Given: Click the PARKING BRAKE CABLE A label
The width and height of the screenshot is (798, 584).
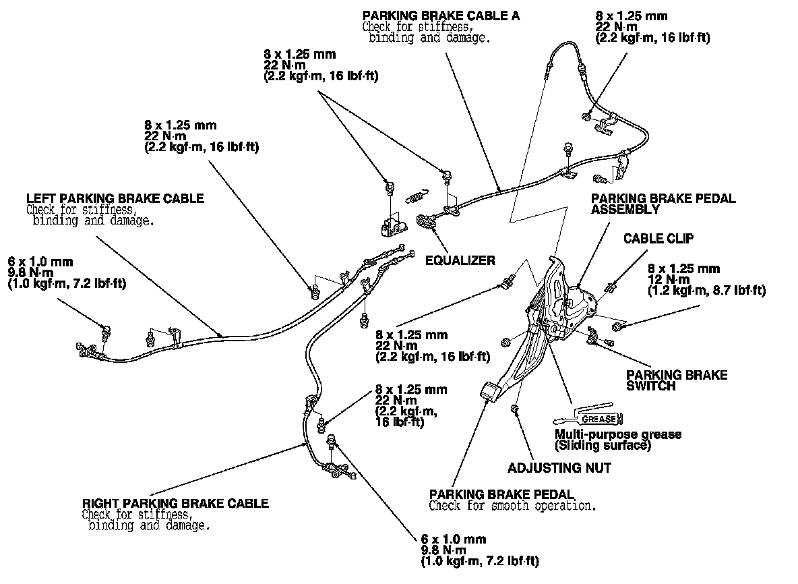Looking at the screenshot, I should [x=441, y=16].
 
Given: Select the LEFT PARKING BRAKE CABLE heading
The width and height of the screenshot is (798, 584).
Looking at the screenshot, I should [x=115, y=198].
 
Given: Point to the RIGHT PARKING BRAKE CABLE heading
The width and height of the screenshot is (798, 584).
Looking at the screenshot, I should [x=175, y=503].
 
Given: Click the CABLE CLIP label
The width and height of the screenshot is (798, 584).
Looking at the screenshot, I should [x=658, y=238].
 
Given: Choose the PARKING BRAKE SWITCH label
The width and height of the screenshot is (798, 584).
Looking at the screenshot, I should [x=677, y=380].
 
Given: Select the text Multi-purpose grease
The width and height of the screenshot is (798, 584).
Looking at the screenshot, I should [x=617, y=434].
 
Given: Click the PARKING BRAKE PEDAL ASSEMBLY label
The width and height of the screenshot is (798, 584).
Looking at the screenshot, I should [x=663, y=204].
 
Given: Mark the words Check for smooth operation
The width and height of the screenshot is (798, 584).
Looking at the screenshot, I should [x=512, y=505].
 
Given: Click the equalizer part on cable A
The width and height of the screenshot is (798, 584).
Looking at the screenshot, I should [x=427, y=221].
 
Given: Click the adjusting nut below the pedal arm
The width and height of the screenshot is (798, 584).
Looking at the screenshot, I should [x=516, y=409].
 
